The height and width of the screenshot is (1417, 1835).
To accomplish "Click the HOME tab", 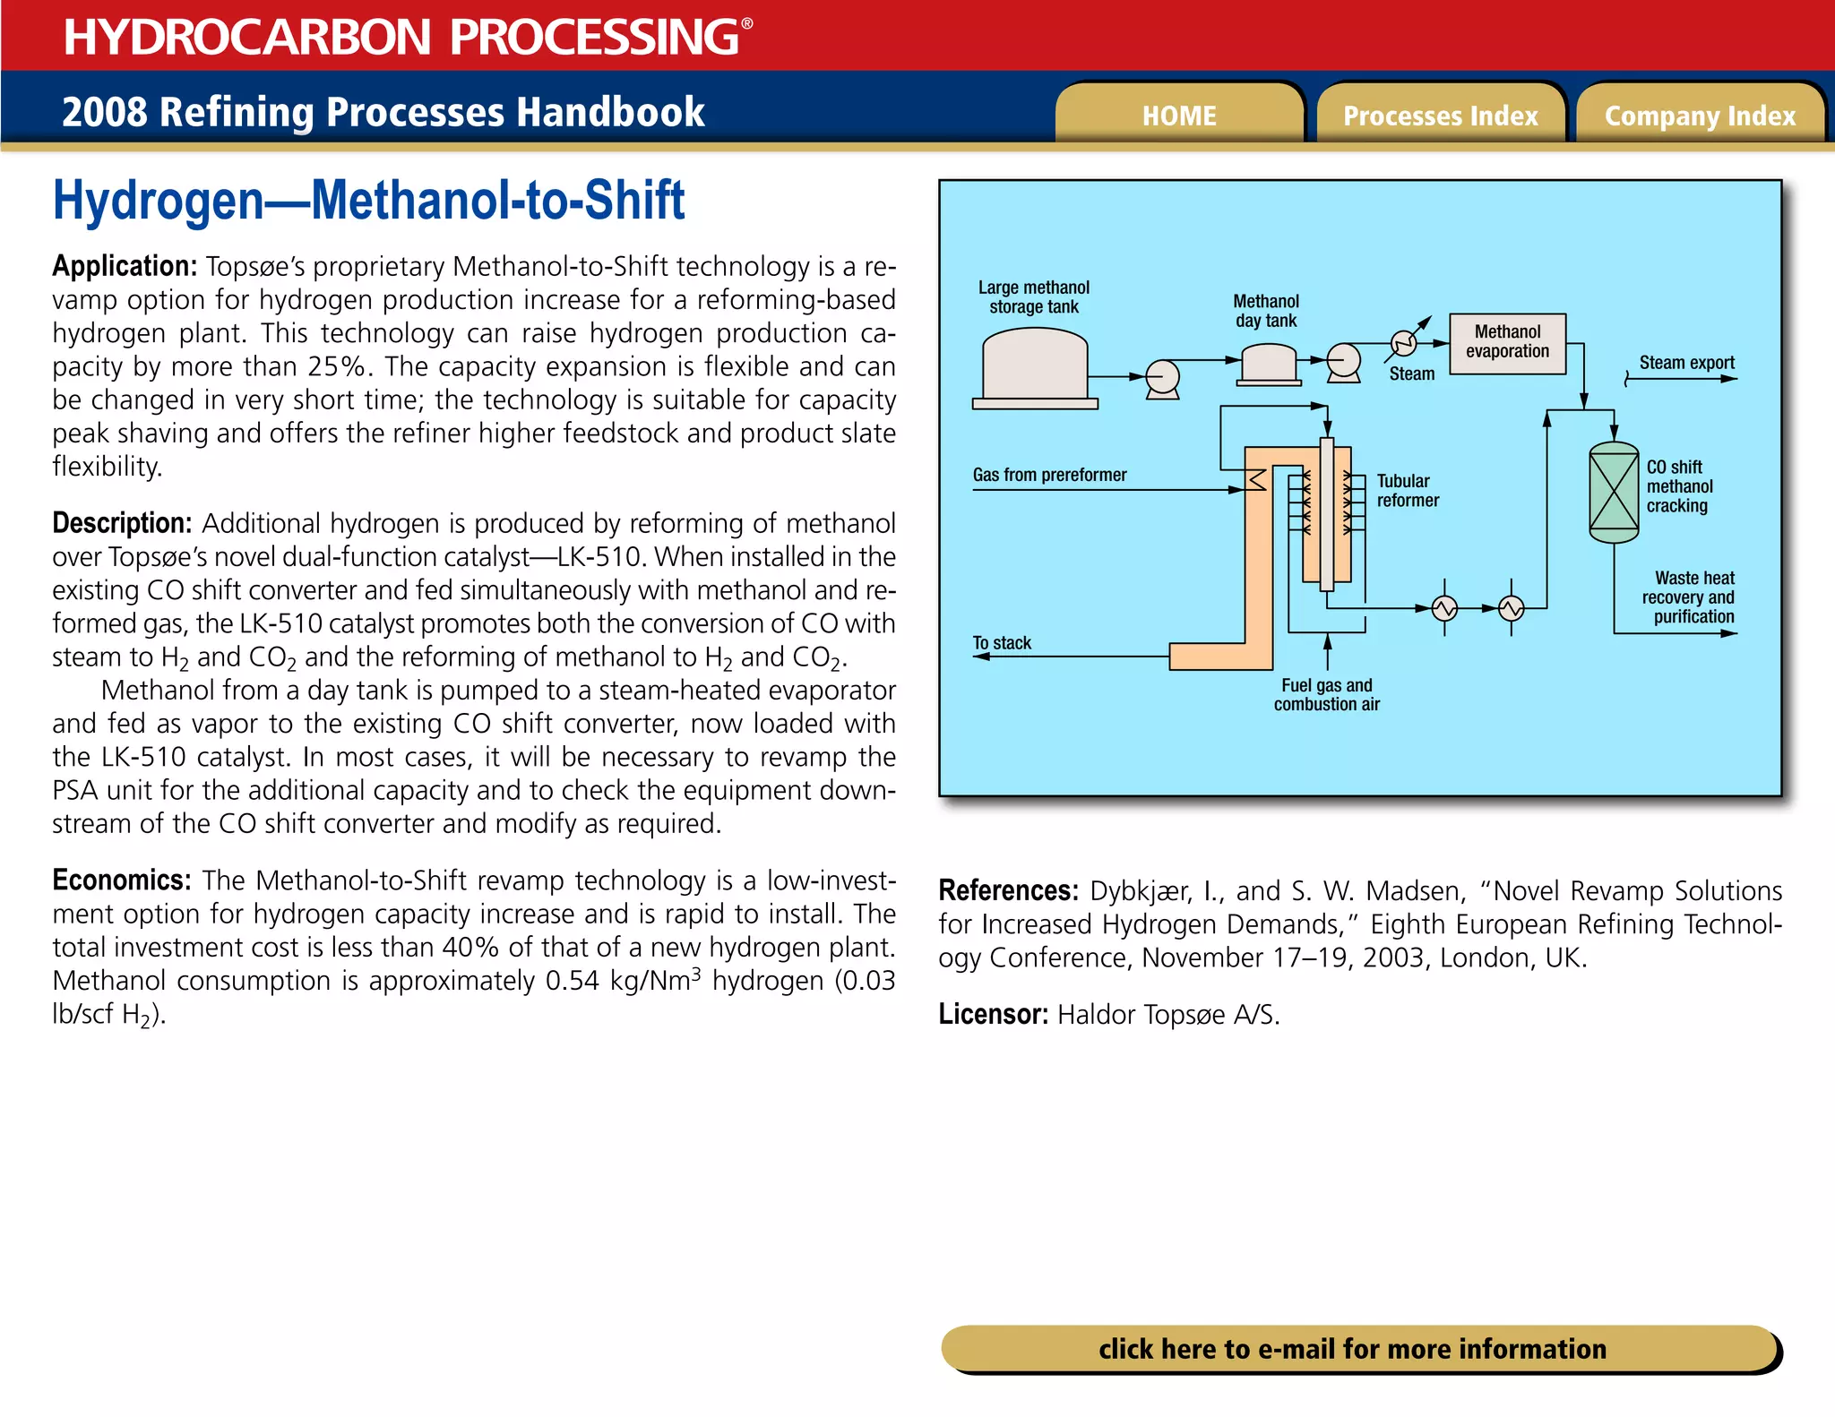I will pos(1179,116).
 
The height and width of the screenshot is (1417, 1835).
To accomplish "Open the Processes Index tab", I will pos(1440,116).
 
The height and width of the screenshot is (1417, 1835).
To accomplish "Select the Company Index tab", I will pos(1700,116).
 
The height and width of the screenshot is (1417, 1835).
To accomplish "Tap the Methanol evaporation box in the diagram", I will pos(1507,343).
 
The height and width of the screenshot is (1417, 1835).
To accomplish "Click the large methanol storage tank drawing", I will pos(1035,366).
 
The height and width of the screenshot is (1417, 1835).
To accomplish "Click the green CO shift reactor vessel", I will pos(1614,492).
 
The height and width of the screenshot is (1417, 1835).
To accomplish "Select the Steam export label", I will pos(1686,363).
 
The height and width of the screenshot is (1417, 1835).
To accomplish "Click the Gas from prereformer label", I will pos(1049,475).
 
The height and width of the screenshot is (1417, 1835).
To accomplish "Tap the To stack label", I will pos(1002,643).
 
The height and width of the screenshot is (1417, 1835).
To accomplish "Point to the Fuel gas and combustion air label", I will pos(1326,695).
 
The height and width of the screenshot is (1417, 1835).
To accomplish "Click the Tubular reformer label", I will pos(1407,491).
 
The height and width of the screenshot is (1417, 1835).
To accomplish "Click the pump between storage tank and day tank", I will pos(1162,378).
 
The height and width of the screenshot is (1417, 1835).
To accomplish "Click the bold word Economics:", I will pos(121,880).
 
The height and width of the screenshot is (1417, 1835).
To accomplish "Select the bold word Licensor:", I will pos(993,1015).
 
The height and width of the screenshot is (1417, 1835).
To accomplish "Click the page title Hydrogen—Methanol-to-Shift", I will pos(368,200).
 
